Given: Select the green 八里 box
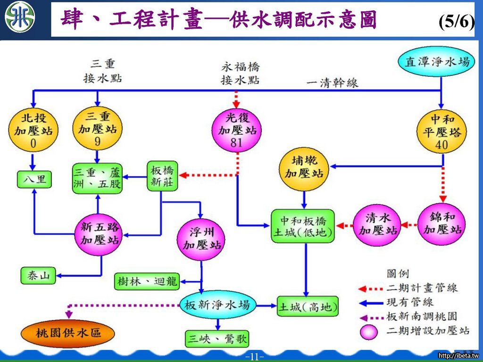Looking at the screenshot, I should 33,180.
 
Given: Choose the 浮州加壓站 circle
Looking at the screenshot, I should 202,238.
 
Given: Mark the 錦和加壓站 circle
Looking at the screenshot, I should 442,223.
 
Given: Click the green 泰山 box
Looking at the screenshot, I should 38,276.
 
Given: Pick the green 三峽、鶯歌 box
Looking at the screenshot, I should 217,338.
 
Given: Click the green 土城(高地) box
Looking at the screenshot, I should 308,307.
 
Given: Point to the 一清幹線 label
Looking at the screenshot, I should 333,82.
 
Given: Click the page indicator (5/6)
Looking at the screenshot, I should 455,21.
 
